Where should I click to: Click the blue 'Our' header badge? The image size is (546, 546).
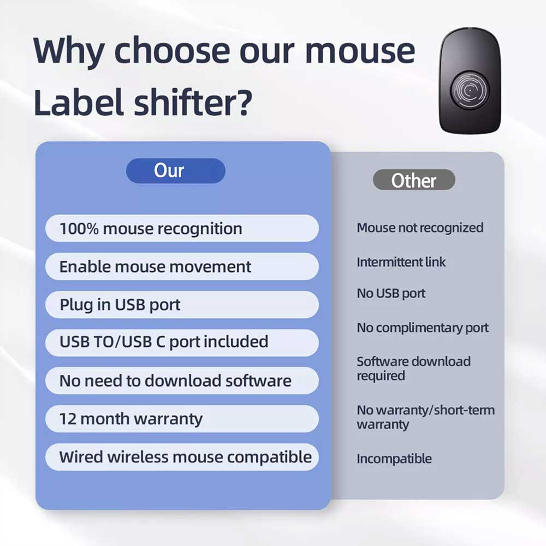175,170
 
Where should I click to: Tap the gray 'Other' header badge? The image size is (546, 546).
414,180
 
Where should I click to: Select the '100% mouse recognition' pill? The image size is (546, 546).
182,228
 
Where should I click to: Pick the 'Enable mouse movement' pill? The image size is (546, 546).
182,266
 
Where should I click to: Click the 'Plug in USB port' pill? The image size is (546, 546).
182,305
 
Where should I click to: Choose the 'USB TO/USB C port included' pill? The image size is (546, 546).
182,342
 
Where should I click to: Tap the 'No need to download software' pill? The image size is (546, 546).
182,381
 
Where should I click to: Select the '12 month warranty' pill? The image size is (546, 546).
182,419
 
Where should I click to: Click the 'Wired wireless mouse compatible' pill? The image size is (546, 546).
182,457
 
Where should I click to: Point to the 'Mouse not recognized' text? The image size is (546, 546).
420,228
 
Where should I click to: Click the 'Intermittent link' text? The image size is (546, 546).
401,262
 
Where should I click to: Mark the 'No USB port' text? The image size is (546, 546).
391,294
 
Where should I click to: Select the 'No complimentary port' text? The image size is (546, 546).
423,328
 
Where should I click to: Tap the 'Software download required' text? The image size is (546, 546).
414,369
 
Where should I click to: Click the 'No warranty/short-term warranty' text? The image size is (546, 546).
425,417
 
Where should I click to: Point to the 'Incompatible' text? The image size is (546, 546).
394,459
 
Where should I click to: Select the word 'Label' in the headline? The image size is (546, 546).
79,102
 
